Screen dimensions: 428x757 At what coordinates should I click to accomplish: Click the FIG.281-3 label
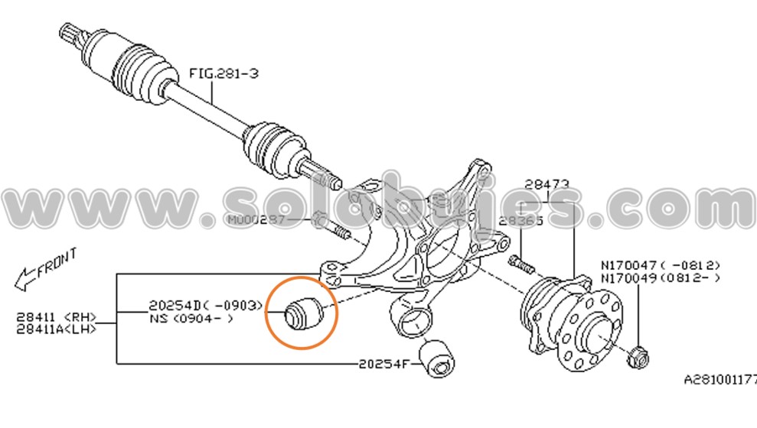[x=224, y=73]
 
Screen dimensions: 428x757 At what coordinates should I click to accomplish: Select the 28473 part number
[x=547, y=184]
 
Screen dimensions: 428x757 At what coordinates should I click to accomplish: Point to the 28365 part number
[x=520, y=220]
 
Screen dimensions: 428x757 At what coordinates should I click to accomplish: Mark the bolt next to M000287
[x=330, y=226]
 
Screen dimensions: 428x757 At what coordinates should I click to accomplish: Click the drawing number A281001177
[x=719, y=378]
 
